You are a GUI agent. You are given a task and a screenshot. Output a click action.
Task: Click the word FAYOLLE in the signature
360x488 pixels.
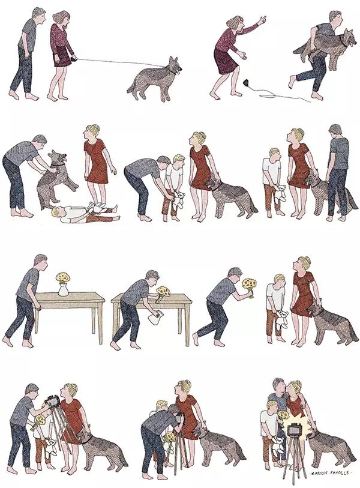(340, 473)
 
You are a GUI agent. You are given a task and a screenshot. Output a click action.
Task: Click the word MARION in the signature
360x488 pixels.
(320, 473)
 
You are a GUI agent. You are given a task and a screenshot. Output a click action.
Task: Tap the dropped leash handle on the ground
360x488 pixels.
(246, 83)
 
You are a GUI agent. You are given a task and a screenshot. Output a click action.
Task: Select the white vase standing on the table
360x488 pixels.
(63, 289)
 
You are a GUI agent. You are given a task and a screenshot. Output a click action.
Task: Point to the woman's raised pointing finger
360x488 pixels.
(263, 19)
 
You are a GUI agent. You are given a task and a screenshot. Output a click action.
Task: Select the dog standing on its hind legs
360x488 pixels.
(55, 179)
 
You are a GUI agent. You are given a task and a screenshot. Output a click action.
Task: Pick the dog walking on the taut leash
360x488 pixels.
(155, 78)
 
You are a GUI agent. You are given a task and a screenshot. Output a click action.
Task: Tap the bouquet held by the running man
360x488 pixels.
(249, 286)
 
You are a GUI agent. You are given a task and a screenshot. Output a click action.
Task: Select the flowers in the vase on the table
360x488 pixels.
(63, 277)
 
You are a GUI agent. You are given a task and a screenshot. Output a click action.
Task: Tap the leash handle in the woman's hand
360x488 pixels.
(74, 57)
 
